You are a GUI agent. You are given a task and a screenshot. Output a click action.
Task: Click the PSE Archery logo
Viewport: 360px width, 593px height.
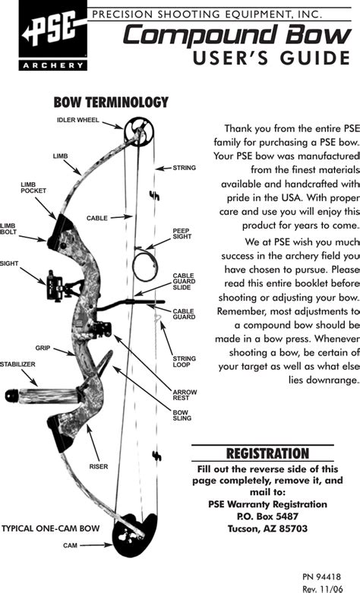click(x=53, y=36)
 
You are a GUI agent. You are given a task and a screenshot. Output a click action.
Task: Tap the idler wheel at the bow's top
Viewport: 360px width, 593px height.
click(x=138, y=131)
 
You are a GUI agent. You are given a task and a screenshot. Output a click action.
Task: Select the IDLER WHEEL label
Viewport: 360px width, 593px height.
click(x=78, y=120)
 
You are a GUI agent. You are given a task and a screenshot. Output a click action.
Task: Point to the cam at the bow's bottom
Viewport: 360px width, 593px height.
click(x=135, y=535)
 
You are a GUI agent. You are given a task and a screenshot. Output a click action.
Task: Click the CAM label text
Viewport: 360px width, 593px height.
click(x=70, y=545)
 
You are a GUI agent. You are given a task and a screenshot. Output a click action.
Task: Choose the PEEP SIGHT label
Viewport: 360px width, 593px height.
click(x=182, y=233)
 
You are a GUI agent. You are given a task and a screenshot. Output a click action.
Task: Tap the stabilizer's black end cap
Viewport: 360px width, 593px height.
click(x=12, y=396)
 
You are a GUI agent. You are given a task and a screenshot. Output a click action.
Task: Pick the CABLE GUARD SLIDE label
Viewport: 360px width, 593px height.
click(x=184, y=282)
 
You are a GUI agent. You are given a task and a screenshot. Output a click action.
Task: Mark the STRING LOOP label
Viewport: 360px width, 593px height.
click(x=184, y=361)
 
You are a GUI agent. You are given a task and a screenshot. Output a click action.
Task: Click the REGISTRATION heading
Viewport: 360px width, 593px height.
click(x=267, y=453)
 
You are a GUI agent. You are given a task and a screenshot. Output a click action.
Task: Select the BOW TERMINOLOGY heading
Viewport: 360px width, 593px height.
click(x=111, y=102)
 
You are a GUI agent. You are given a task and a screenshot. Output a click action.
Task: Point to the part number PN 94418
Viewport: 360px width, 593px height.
click(x=321, y=577)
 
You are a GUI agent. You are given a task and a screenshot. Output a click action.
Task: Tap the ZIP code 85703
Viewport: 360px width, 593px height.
click(x=293, y=528)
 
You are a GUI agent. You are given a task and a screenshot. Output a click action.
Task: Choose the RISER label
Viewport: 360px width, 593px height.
click(x=98, y=467)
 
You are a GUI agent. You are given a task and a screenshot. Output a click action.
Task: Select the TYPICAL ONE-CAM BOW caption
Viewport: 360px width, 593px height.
click(x=51, y=528)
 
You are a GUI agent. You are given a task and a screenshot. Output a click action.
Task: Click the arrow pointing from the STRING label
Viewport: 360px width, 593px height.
click(x=163, y=169)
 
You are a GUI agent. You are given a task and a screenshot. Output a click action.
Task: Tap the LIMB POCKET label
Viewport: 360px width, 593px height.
click(x=33, y=188)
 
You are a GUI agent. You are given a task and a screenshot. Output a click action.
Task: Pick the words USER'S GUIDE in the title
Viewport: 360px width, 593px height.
click(x=271, y=58)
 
